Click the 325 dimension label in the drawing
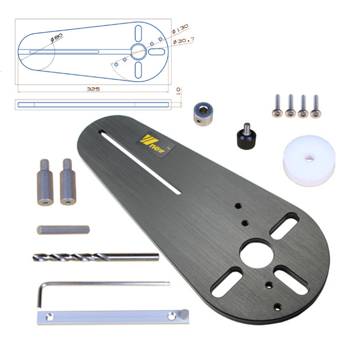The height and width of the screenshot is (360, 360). (93, 89)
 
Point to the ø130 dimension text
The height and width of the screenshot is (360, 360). (180, 30)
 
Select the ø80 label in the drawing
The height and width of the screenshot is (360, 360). (57, 37)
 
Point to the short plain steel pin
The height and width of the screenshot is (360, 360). (63, 229)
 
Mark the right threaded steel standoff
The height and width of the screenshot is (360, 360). (67, 182)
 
